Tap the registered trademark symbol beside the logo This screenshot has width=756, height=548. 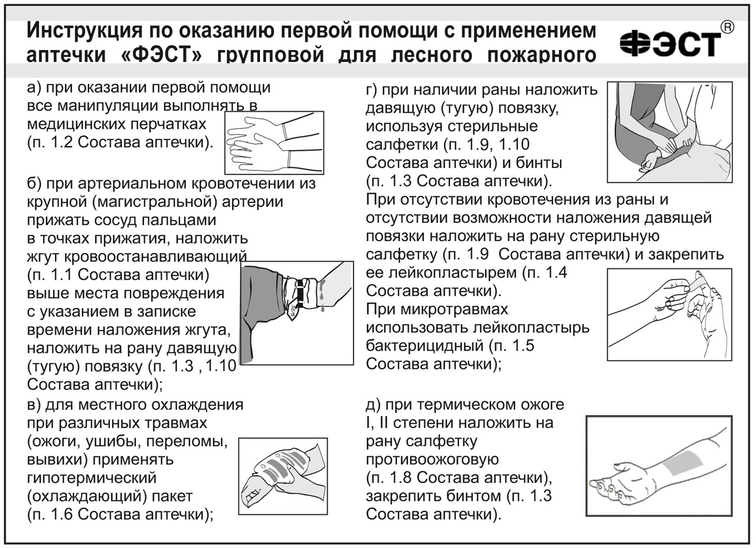[728, 27]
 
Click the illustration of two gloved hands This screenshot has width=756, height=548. [274, 142]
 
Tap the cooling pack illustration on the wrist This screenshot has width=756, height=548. [282, 476]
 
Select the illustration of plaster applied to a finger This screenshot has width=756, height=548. [669, 313]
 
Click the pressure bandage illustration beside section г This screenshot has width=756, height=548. [669, 131]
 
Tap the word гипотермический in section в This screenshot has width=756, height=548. [92, 476]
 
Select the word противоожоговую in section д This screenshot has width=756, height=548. [432, 459]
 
